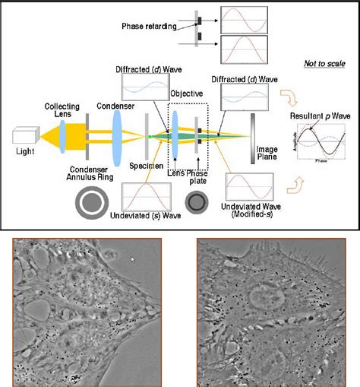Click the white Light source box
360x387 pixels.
click(x=26, y=137)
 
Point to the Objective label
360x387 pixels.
click(x=185, y=93)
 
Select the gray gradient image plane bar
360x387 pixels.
click(x=254, y=138)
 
